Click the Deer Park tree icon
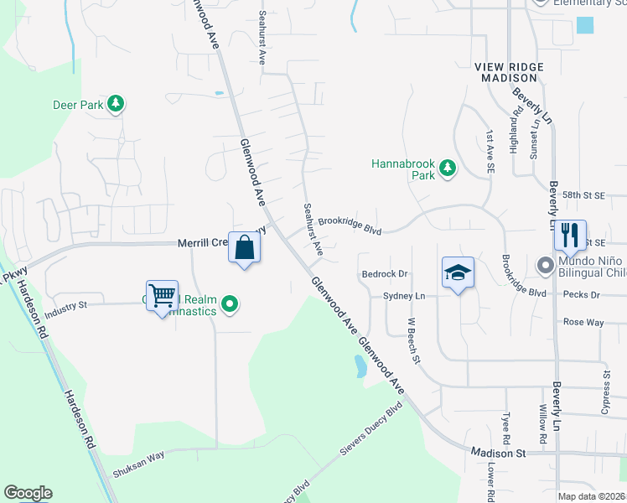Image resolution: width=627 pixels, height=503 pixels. click(x=116, y=105)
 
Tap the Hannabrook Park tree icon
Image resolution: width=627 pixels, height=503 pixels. click(x=448, y=169)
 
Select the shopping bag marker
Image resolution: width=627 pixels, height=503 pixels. click(x=245, y=247)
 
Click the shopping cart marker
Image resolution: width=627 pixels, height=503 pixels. click(x=162, y=295)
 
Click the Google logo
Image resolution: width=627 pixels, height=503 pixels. click(x=28, y=493)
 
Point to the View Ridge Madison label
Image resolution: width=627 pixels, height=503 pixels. click(x=509, y=71)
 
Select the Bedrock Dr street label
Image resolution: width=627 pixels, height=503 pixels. click(x=384, y=274)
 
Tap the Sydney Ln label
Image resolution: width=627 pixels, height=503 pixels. click(x=404, y=296)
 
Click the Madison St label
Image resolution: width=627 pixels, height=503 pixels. click(x=496, y=453)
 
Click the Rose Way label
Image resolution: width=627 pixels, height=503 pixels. click(x=583, y=322)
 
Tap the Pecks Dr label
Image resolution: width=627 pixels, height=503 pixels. click(x=582, y=295)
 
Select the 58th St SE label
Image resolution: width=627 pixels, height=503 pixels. click(x=583, y=194)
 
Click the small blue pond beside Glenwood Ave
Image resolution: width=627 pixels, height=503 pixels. click(x=360, y=366)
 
